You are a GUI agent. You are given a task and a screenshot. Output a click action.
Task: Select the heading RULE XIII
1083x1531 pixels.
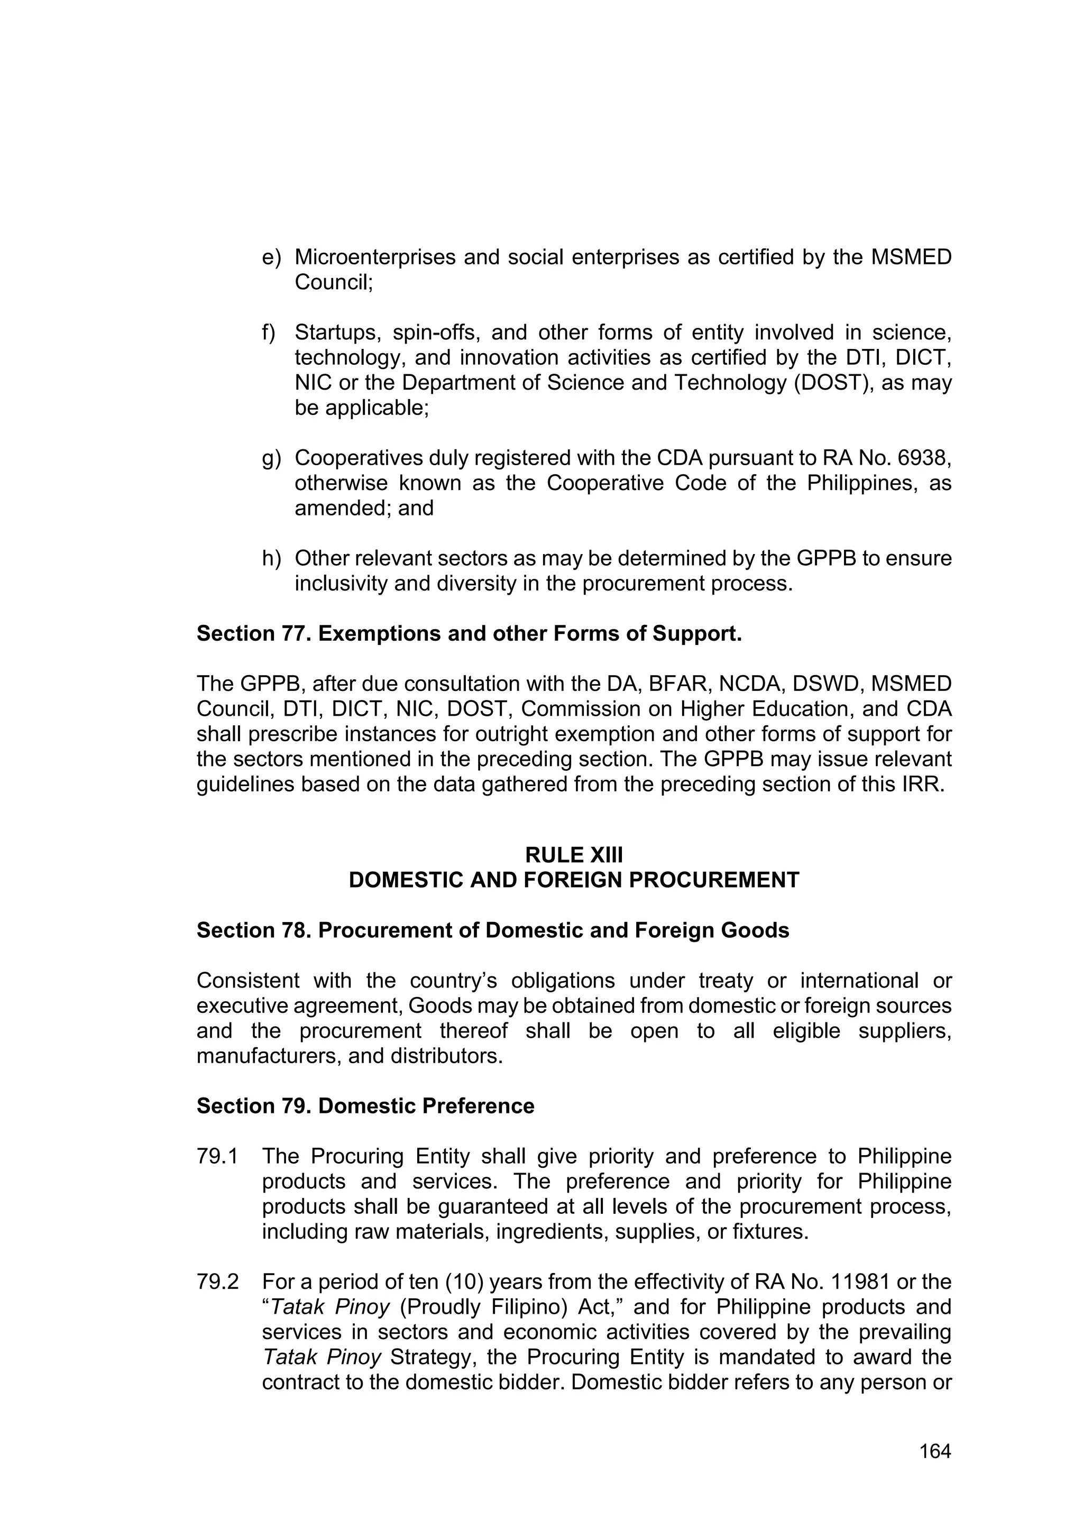574,855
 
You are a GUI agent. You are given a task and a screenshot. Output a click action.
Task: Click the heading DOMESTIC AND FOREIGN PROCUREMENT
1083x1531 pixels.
574,880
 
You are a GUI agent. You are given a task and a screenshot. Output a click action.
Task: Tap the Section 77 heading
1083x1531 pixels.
469,633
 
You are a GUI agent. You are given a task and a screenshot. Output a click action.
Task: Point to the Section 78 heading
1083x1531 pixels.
492,930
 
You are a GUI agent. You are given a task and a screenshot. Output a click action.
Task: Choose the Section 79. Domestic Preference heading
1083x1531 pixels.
365,1106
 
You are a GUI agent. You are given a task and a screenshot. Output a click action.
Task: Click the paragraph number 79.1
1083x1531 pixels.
217,1156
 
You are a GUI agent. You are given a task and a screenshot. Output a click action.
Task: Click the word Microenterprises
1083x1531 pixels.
375,257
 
